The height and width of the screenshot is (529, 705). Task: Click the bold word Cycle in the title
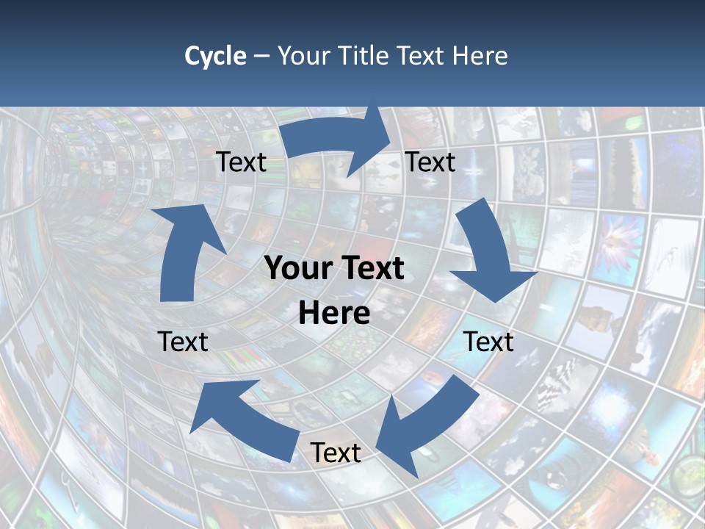[x=215, y=56]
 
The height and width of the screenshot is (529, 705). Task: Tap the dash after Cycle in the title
[x=261, y=56]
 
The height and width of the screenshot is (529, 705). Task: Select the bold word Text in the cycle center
[x=368, y=269]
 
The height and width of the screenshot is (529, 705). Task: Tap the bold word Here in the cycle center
[x=334, y=314]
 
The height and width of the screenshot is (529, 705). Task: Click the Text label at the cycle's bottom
[x=336, y=453]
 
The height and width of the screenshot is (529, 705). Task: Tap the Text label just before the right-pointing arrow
[x=241, y=162]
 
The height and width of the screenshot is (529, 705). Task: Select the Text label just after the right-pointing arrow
[x=430, y=162]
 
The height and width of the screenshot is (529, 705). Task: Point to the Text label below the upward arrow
[x=183, y=342]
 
